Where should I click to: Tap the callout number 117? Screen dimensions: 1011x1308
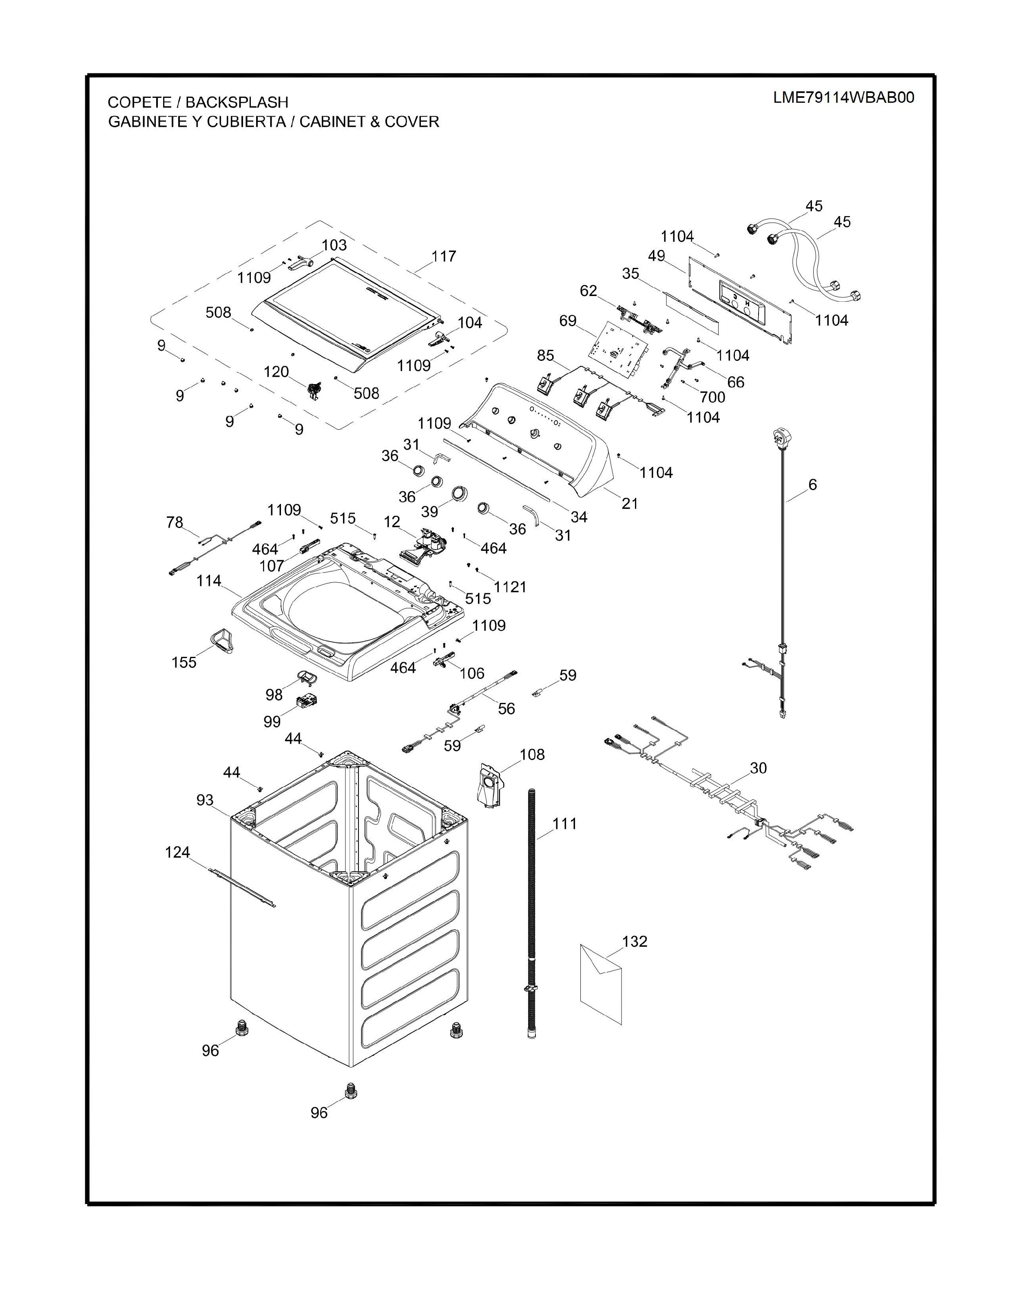point(444,256)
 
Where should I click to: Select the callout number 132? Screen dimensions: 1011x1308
point(635,941)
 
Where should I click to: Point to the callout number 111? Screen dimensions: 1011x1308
point(564,824)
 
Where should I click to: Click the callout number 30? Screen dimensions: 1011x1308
point(758,768)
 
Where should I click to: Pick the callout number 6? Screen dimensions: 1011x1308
point(813,484)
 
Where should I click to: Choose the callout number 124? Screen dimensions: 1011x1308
point(178,852)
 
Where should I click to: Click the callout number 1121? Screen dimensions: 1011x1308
point(510,587)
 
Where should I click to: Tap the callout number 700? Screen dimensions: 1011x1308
point(712,397)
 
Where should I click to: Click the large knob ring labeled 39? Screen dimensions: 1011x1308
point(459,492)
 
